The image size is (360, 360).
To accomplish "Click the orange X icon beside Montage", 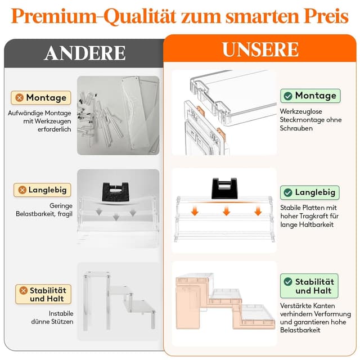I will tap(20, 98).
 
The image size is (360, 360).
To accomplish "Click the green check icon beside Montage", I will tap(288, 96).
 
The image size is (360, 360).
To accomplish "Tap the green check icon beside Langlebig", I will tap(288, 192).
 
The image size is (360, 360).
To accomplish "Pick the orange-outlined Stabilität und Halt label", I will tap(43, 294).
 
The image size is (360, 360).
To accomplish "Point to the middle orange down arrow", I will tap(226, 211).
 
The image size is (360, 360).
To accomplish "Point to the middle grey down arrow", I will tap(116, 217).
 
